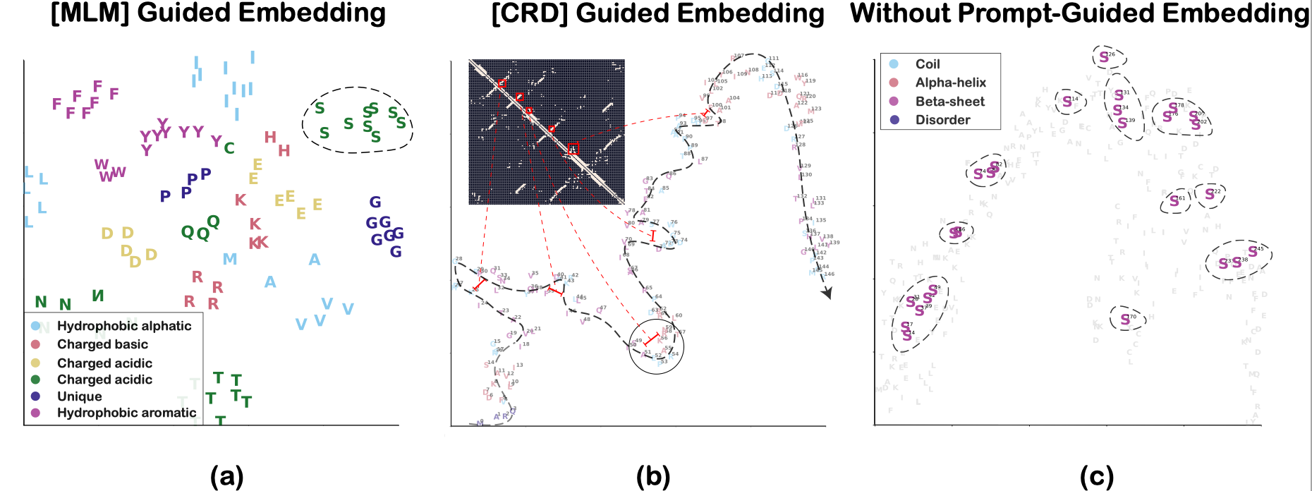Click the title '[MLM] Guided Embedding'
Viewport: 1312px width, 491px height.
pos(218,14)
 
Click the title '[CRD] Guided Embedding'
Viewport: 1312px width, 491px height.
pos(657,14)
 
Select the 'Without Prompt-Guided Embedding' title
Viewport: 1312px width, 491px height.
pos(1079,14)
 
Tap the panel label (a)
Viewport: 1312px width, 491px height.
pos(226,477)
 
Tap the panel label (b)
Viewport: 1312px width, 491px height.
pos(652,477)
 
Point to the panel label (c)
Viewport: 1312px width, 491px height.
pos(1096,477)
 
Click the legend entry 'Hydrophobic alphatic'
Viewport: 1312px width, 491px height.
pos(124,326)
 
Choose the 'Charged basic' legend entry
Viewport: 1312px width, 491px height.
pos(102,344)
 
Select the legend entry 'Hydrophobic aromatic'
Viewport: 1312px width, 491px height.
pos(126,413)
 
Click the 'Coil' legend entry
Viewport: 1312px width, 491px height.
pos(928,64)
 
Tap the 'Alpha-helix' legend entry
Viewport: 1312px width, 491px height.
pos(950,83)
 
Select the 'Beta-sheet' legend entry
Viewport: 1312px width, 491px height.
pos(949,102)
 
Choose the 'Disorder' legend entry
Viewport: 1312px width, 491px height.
pos(942,120)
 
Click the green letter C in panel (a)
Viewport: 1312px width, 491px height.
pos(229,148)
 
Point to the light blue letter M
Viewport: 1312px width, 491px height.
pos(230,260)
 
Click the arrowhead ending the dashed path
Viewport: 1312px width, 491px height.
pos(827,293)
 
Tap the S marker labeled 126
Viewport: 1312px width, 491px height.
pos(1104,57)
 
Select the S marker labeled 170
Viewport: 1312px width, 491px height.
pos(1125,320)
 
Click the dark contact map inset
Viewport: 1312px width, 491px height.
pos(547,132)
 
